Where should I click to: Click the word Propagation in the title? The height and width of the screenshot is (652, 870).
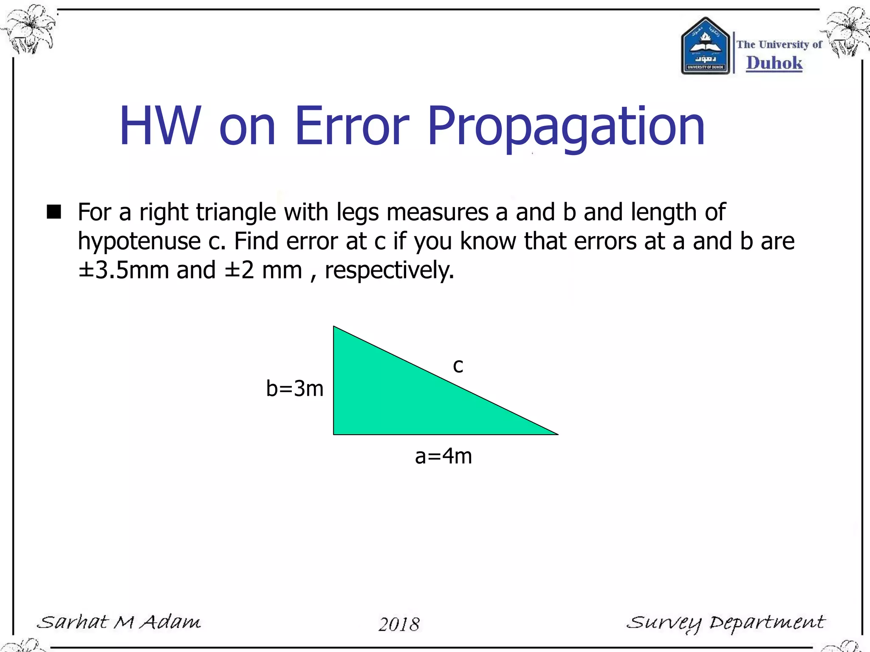click(566, 126)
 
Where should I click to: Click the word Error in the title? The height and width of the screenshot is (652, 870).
click(352, 126)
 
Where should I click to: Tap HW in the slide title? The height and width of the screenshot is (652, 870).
click(160, 126)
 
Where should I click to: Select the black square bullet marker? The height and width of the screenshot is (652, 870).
click(54, 211)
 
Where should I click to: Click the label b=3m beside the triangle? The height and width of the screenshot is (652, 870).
click(294, 388)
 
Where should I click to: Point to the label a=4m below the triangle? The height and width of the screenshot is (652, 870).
click(443, 456)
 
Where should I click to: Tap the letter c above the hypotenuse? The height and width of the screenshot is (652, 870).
click(458, 366)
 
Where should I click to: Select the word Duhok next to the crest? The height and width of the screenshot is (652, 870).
click(774, 63)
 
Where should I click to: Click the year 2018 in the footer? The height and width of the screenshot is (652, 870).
click(399, 624)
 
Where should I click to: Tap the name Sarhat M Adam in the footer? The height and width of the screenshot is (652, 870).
click(119, 622)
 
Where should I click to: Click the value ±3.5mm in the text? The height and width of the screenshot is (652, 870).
click(124, 270)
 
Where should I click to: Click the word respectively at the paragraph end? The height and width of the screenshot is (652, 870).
click(389, 270)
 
